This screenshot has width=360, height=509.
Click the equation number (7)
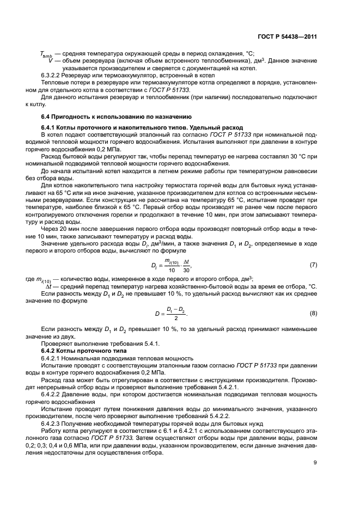313,265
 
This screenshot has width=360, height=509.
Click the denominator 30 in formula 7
187,271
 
